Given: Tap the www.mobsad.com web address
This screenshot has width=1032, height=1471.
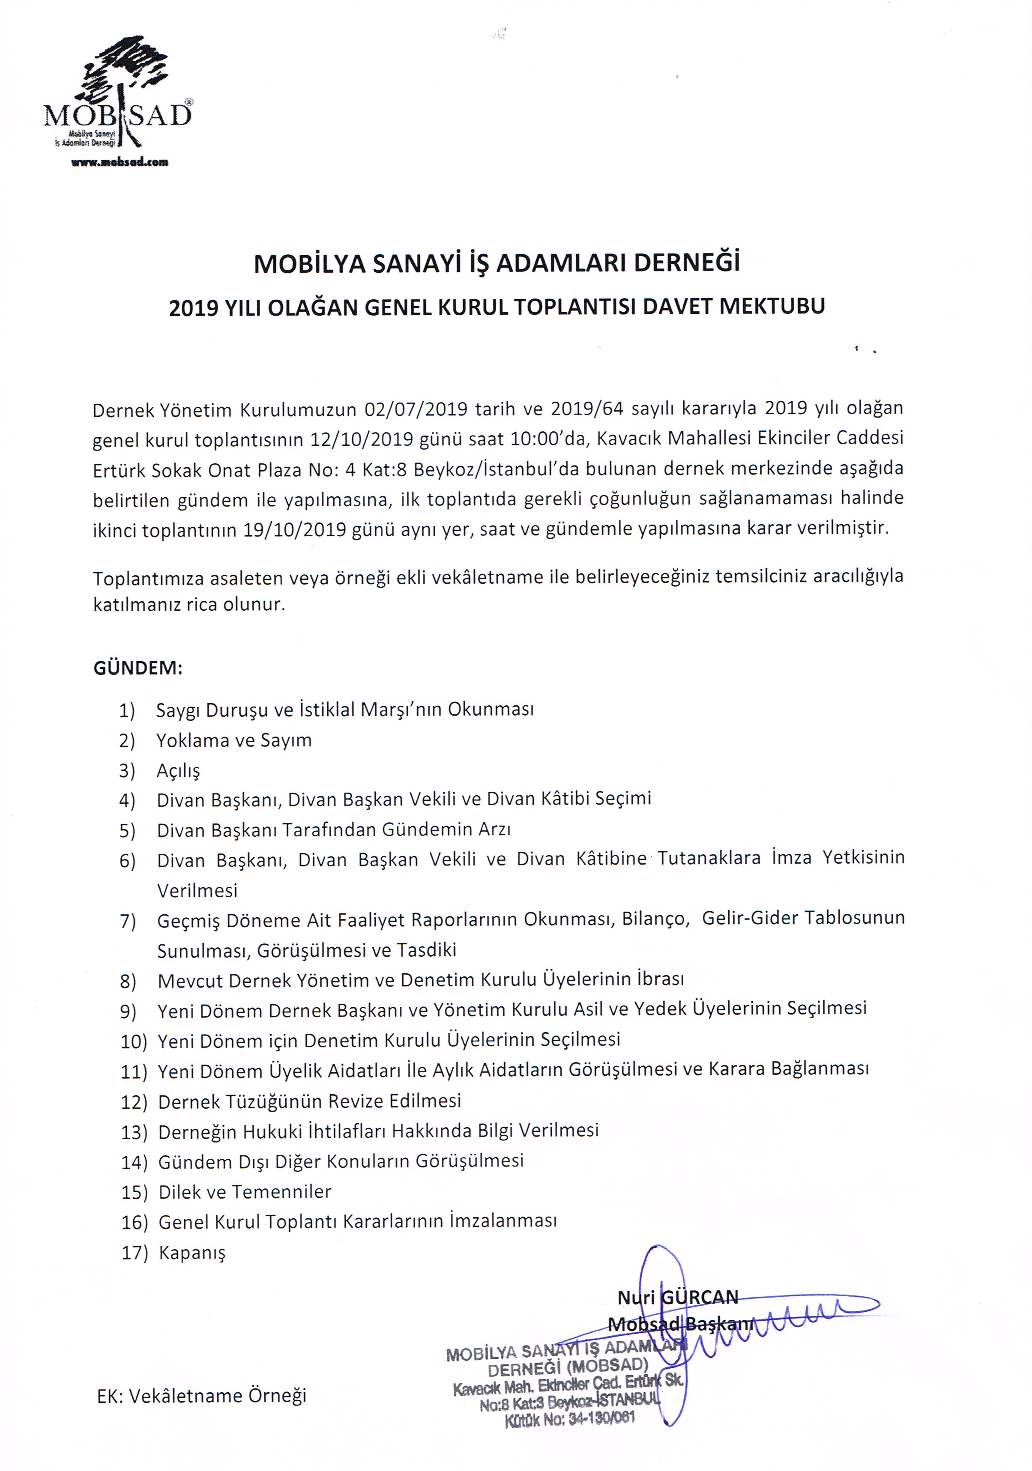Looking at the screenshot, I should (120, 162).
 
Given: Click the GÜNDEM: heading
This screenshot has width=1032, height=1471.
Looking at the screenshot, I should (138, 668).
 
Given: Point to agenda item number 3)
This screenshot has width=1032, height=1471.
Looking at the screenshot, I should (127, 770).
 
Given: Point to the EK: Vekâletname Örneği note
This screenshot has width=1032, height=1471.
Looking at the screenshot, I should (201, 1395).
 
